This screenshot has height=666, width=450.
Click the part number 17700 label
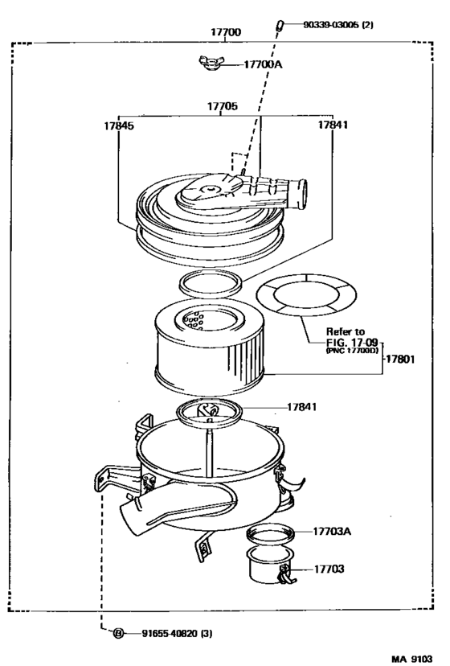[x=226, y=32]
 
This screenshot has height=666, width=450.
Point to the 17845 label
[x=118, y=125]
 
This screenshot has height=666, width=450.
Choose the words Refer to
[x=345, y=331]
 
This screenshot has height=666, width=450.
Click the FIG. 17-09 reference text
[x=350, y=342]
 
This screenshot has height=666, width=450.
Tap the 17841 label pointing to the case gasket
[x=302, y=407]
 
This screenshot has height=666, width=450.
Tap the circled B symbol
[x=119, y=633]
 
